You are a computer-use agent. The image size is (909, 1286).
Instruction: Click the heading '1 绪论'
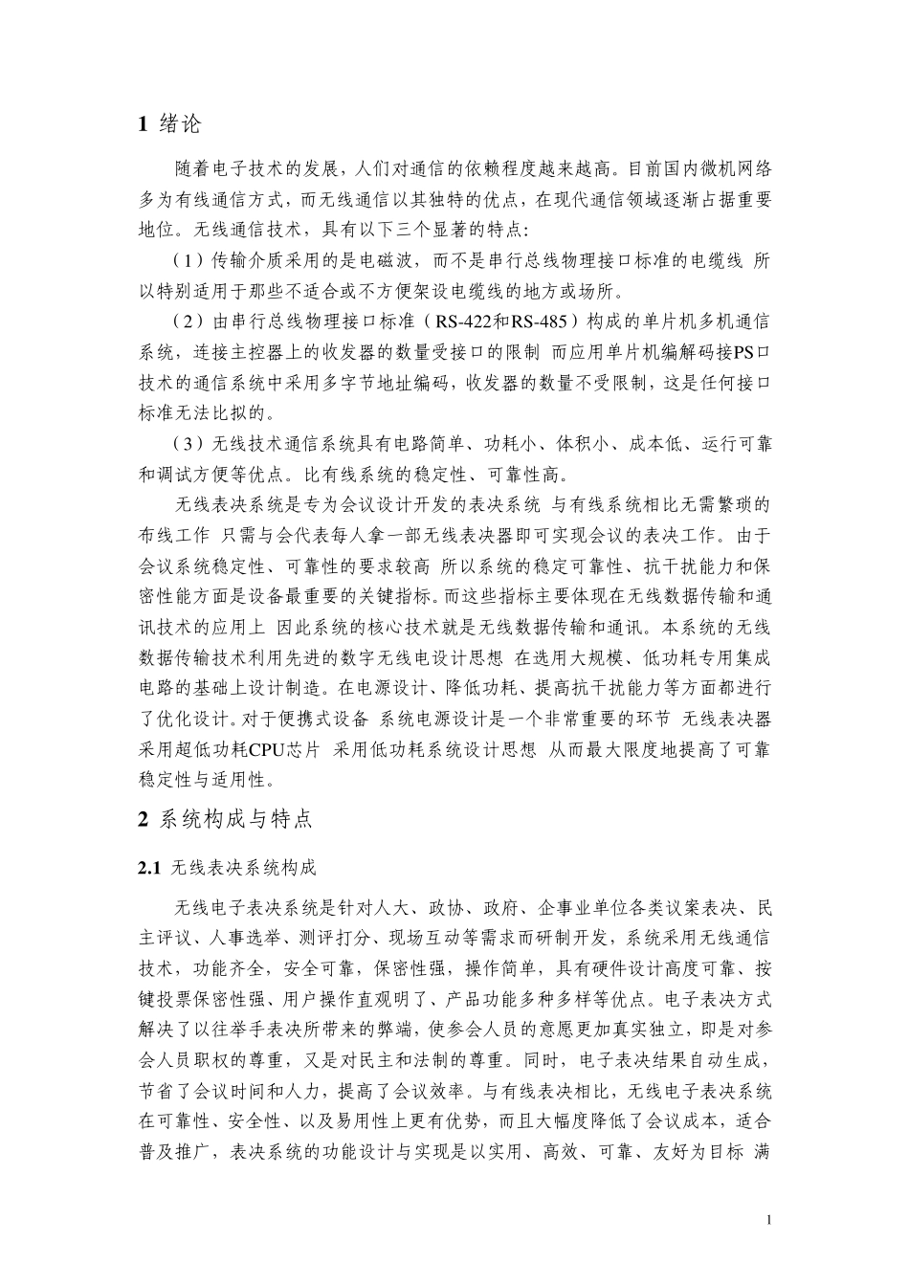[169, 123]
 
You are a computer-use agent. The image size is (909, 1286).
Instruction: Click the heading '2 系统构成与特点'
[225, 819]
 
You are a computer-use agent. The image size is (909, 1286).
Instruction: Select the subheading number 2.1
[150, 869]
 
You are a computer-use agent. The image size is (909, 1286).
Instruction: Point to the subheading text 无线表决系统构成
[242, 869]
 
